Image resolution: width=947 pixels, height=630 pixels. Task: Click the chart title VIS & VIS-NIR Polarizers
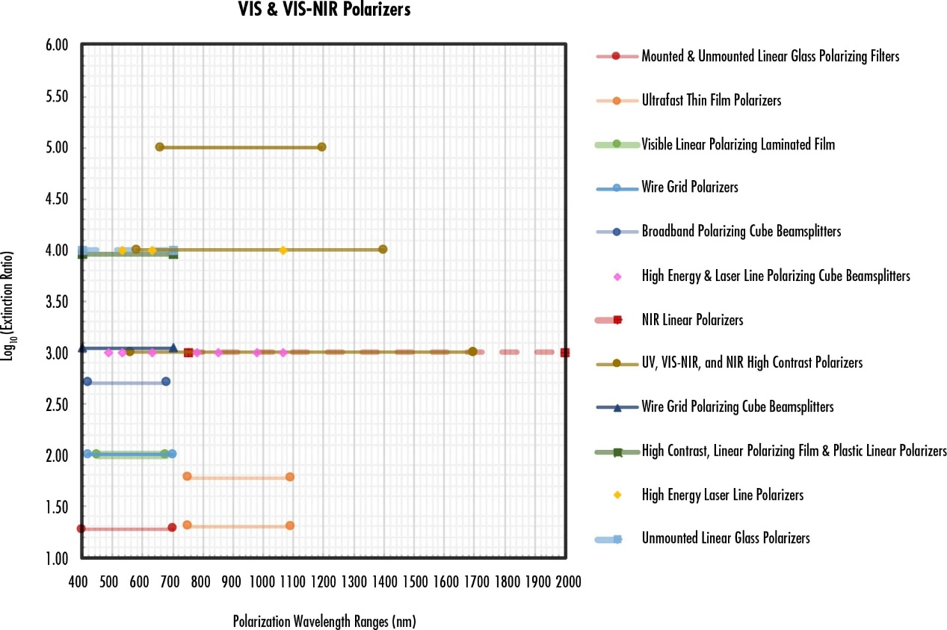[324, 10]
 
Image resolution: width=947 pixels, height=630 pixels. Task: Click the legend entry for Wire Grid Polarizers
[689, 187]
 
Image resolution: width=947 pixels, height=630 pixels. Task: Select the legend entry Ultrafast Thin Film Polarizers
[711, 100]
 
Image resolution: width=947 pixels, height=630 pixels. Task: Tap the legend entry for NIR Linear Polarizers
[692, 320]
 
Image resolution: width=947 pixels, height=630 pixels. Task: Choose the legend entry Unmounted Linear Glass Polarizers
[725, 538]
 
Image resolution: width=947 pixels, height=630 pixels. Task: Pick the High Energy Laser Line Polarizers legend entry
[722, 495]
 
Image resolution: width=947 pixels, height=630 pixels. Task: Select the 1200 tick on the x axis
[324, 581]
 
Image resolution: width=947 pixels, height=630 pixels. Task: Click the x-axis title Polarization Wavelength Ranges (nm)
[324, 621]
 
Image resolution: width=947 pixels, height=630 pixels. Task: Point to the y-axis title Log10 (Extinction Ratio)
[10, 301]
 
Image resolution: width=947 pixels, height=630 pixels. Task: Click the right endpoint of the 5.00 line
[321, 146]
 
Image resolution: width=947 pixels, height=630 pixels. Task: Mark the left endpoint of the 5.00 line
[159, 146]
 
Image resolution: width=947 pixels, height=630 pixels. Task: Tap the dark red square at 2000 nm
[565, 352]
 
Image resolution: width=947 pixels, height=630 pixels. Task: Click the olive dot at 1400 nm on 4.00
[383, 249]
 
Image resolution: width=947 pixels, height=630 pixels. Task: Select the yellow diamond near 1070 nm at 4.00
[283, 250]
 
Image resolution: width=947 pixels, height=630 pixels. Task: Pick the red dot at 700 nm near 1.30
[172, 527]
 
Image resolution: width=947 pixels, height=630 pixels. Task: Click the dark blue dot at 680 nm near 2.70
[166, 381]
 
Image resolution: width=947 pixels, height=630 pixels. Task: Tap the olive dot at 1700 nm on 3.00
[472, 351]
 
